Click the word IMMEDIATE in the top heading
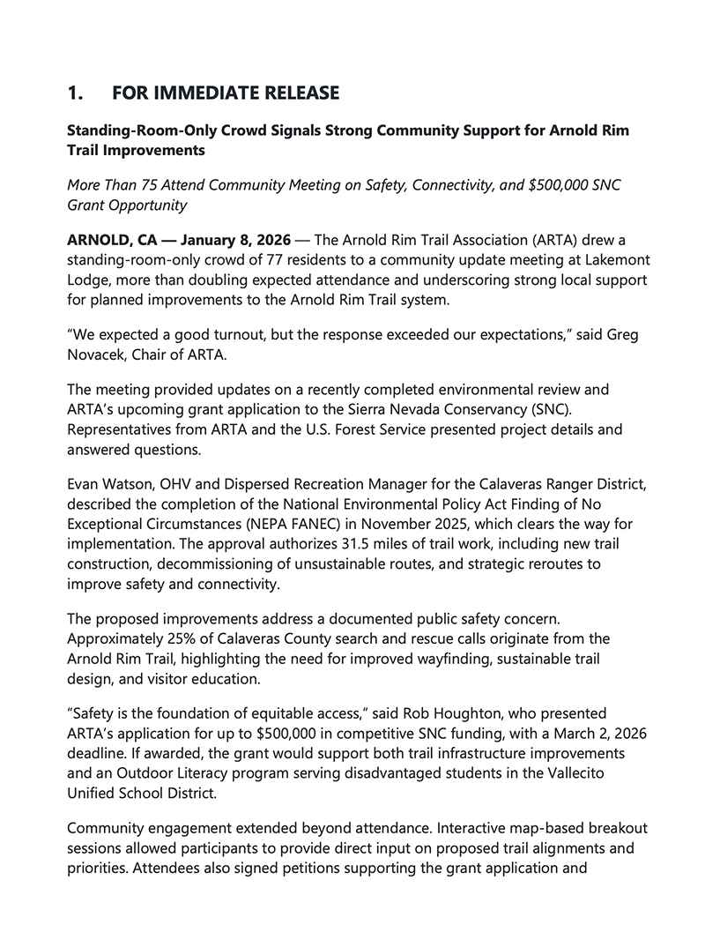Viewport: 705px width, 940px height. coord(204,93)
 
